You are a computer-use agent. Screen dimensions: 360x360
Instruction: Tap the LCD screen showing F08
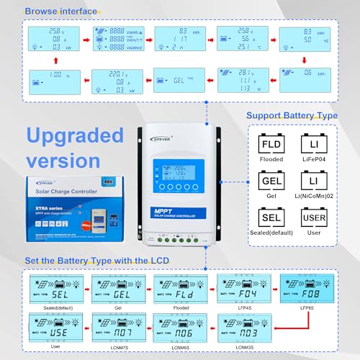303,292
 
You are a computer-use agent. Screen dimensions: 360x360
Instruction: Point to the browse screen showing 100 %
47,79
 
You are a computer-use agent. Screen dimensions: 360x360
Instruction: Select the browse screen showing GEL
173,79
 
